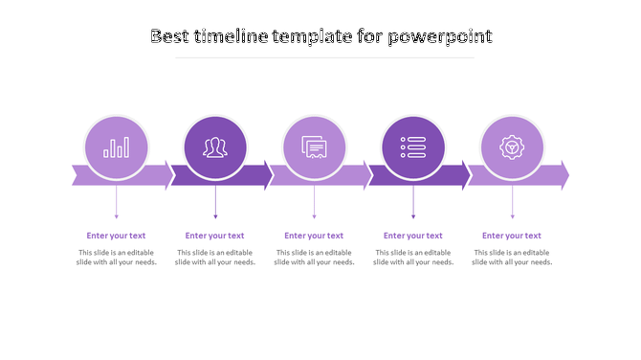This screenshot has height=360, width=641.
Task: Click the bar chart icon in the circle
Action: click(117, 147)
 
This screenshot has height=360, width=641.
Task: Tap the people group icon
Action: click(215, 147)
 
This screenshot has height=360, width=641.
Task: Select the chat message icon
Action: click(314, 147)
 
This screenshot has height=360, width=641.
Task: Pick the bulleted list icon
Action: click(413, 147)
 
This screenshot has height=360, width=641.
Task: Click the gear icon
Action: click(512, 147)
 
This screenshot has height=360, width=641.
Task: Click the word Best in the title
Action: click(170, 36)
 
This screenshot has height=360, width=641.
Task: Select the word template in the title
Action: click(311, 36)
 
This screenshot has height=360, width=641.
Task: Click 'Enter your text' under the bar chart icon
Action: click(116, 236)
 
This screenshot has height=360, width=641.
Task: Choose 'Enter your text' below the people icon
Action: click(215, 236)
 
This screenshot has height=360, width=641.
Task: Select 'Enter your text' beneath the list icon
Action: click(413, 236)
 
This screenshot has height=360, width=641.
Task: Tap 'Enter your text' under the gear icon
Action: click(512, 236)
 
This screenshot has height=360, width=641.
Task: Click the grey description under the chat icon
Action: click(314, 258)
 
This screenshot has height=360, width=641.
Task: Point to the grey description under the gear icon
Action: click(512, 258)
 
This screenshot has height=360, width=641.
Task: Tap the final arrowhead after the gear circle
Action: click(563, 176)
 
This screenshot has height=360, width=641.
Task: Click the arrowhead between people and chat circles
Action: click(267, 176)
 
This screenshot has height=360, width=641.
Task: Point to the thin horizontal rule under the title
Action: click(325, 57)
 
